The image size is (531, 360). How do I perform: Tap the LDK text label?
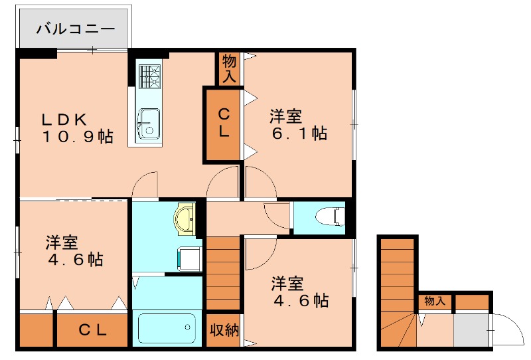pos(64,120)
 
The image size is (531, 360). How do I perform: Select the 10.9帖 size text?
pos(78,137)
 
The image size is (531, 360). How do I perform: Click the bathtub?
pos(167,328)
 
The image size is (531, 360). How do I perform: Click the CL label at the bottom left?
pos(93,329)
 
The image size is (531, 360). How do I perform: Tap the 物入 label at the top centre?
pos(228,69)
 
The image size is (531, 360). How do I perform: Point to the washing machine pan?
pos(190,258)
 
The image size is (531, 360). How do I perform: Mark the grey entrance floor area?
pos(470,329)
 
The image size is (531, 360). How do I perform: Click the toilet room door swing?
pos(277,215)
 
